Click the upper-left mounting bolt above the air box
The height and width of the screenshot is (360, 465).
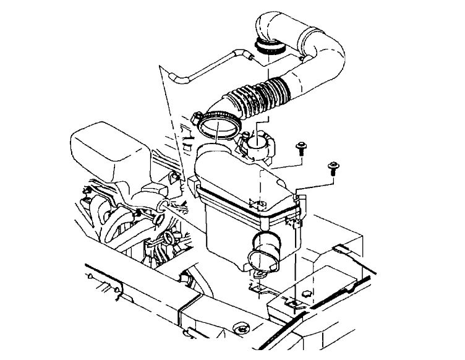(x=301, y=147)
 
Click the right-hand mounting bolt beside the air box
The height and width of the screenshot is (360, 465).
(x=333, y=167)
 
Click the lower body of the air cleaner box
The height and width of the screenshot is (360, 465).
(x=229, y=235)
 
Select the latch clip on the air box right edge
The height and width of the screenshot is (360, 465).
(x=300, y=210)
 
